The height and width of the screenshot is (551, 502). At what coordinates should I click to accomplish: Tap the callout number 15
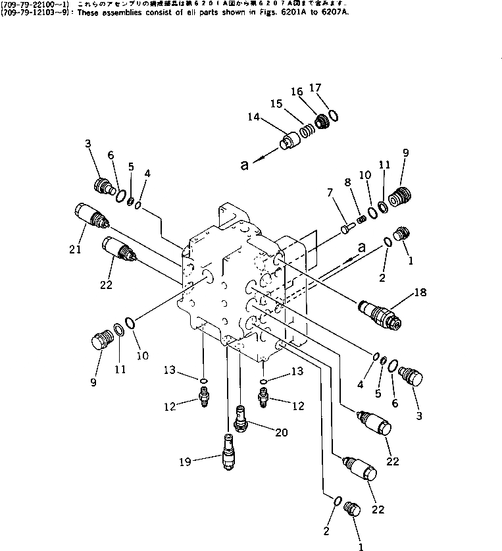click(x=276, y=105)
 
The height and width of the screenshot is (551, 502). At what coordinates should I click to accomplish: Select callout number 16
click(x=296, y=92)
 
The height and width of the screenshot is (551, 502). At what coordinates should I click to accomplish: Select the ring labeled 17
click(x=334, y=116)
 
